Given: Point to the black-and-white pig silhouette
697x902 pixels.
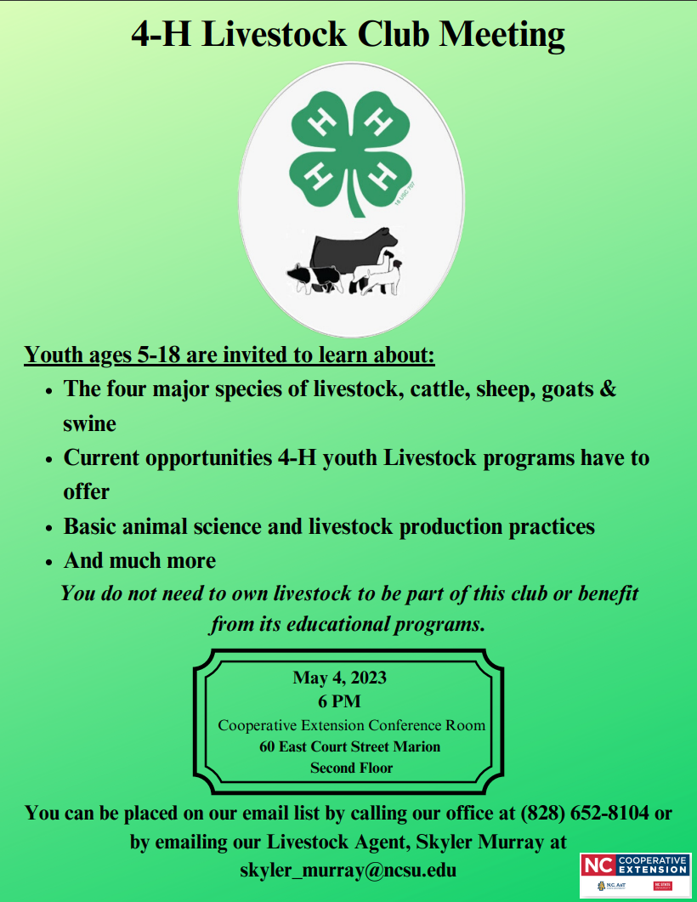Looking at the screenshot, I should tap(313, 277).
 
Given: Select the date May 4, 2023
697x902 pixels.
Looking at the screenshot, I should tap(339, 678).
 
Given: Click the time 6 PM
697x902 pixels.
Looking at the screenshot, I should tap(339, 701).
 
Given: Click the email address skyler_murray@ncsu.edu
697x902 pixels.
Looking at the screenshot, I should tap(348, 871).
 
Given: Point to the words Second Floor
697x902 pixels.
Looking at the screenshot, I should tap(351, 768).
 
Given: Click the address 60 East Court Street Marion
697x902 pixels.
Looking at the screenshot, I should tap(350, 746).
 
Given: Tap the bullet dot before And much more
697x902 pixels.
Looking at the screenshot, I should tap(49, 562).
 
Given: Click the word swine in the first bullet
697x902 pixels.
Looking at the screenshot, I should tap(89, 423).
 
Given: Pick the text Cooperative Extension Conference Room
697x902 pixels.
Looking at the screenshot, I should tap(352, 725).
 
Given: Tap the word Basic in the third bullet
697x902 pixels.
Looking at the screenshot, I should tap(92, 526).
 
